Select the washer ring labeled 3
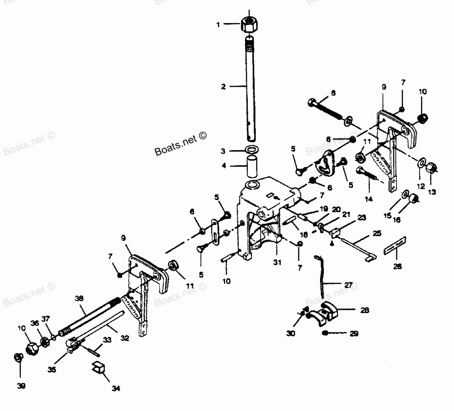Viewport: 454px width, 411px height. [x=252, y=150]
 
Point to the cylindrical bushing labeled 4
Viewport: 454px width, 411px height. [x=252, y=166]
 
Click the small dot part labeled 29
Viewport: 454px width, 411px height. [x=326, y=334]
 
